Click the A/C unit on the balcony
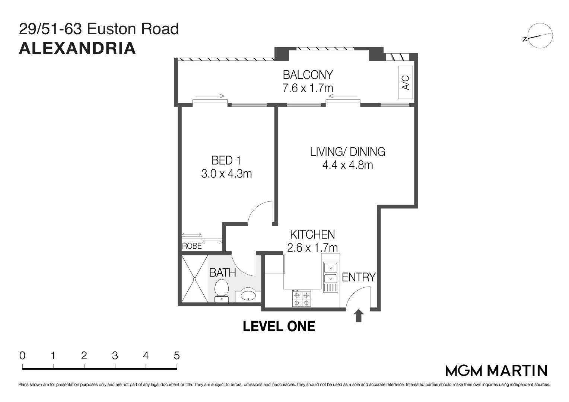406,82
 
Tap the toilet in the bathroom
222,290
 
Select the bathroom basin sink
248,295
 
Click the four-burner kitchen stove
301,299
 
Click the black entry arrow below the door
359,316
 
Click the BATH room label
223,272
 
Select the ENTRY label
359,277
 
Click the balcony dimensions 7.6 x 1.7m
308,88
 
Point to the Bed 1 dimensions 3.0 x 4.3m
226,174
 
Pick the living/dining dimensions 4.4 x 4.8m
347,165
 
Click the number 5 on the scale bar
177,356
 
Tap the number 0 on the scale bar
22,356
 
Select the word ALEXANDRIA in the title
77,48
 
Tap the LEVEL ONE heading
279,326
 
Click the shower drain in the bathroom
195,279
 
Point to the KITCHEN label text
312,234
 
